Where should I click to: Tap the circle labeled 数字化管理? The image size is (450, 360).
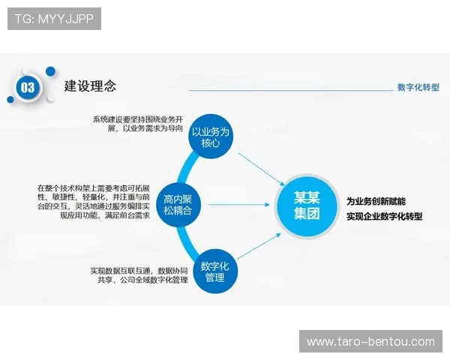pos(215,271)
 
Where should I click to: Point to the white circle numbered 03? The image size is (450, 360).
pos(28,88)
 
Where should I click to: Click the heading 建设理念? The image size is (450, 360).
pos(90,86)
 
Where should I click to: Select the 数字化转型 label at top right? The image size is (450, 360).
pos(418,87)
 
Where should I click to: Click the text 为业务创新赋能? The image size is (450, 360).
pos(376,201)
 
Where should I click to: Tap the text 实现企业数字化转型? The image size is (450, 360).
pos(384,216)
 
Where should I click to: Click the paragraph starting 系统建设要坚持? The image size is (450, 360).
pos(138,124)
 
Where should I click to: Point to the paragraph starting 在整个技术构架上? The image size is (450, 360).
pos(94,200)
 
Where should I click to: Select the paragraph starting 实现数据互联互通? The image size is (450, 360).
pos(138,275)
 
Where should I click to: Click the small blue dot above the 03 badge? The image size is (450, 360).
pos(50,71)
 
